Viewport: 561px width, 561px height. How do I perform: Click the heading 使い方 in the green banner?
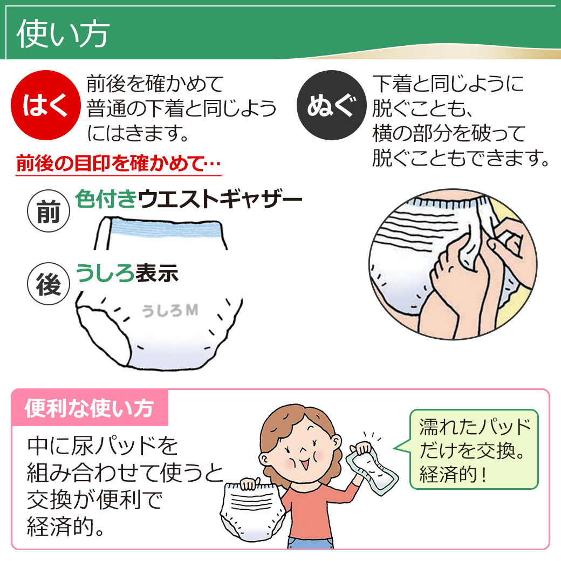click(63, 34)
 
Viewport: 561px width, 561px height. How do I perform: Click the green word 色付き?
click(106, 200)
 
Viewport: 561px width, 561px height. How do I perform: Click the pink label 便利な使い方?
click(90, 408)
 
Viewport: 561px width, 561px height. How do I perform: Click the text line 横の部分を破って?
click(448, 133)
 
